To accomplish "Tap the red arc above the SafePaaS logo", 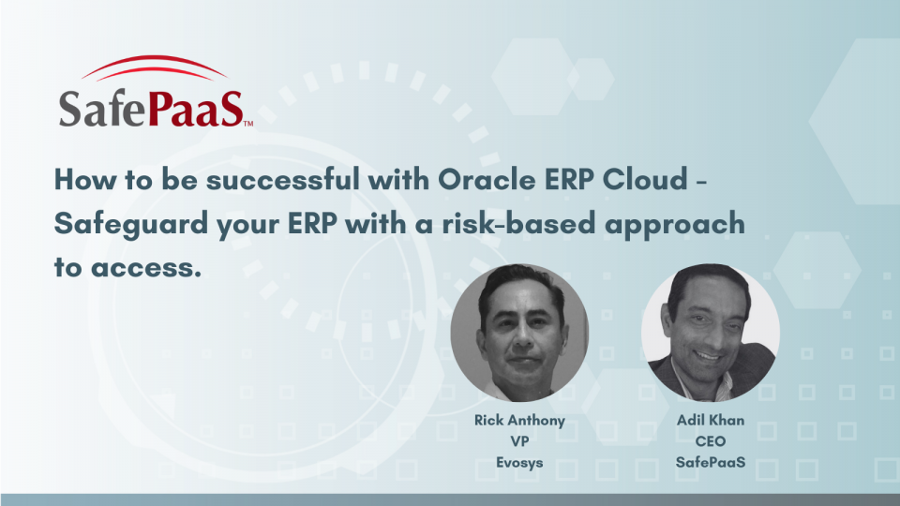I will tap(154, 69).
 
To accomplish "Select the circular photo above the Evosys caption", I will tap(519, 333).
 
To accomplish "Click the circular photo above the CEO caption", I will tap(710, 333).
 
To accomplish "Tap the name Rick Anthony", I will tap(519, 420).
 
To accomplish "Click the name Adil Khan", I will tap(710, 420).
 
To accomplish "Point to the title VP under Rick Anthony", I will tap(519, 440).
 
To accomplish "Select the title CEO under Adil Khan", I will tap(710, 440).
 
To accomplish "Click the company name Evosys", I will tap(519, 461).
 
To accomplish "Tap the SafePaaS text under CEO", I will tap(710, 461).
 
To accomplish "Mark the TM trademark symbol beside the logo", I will tap(247, 123).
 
